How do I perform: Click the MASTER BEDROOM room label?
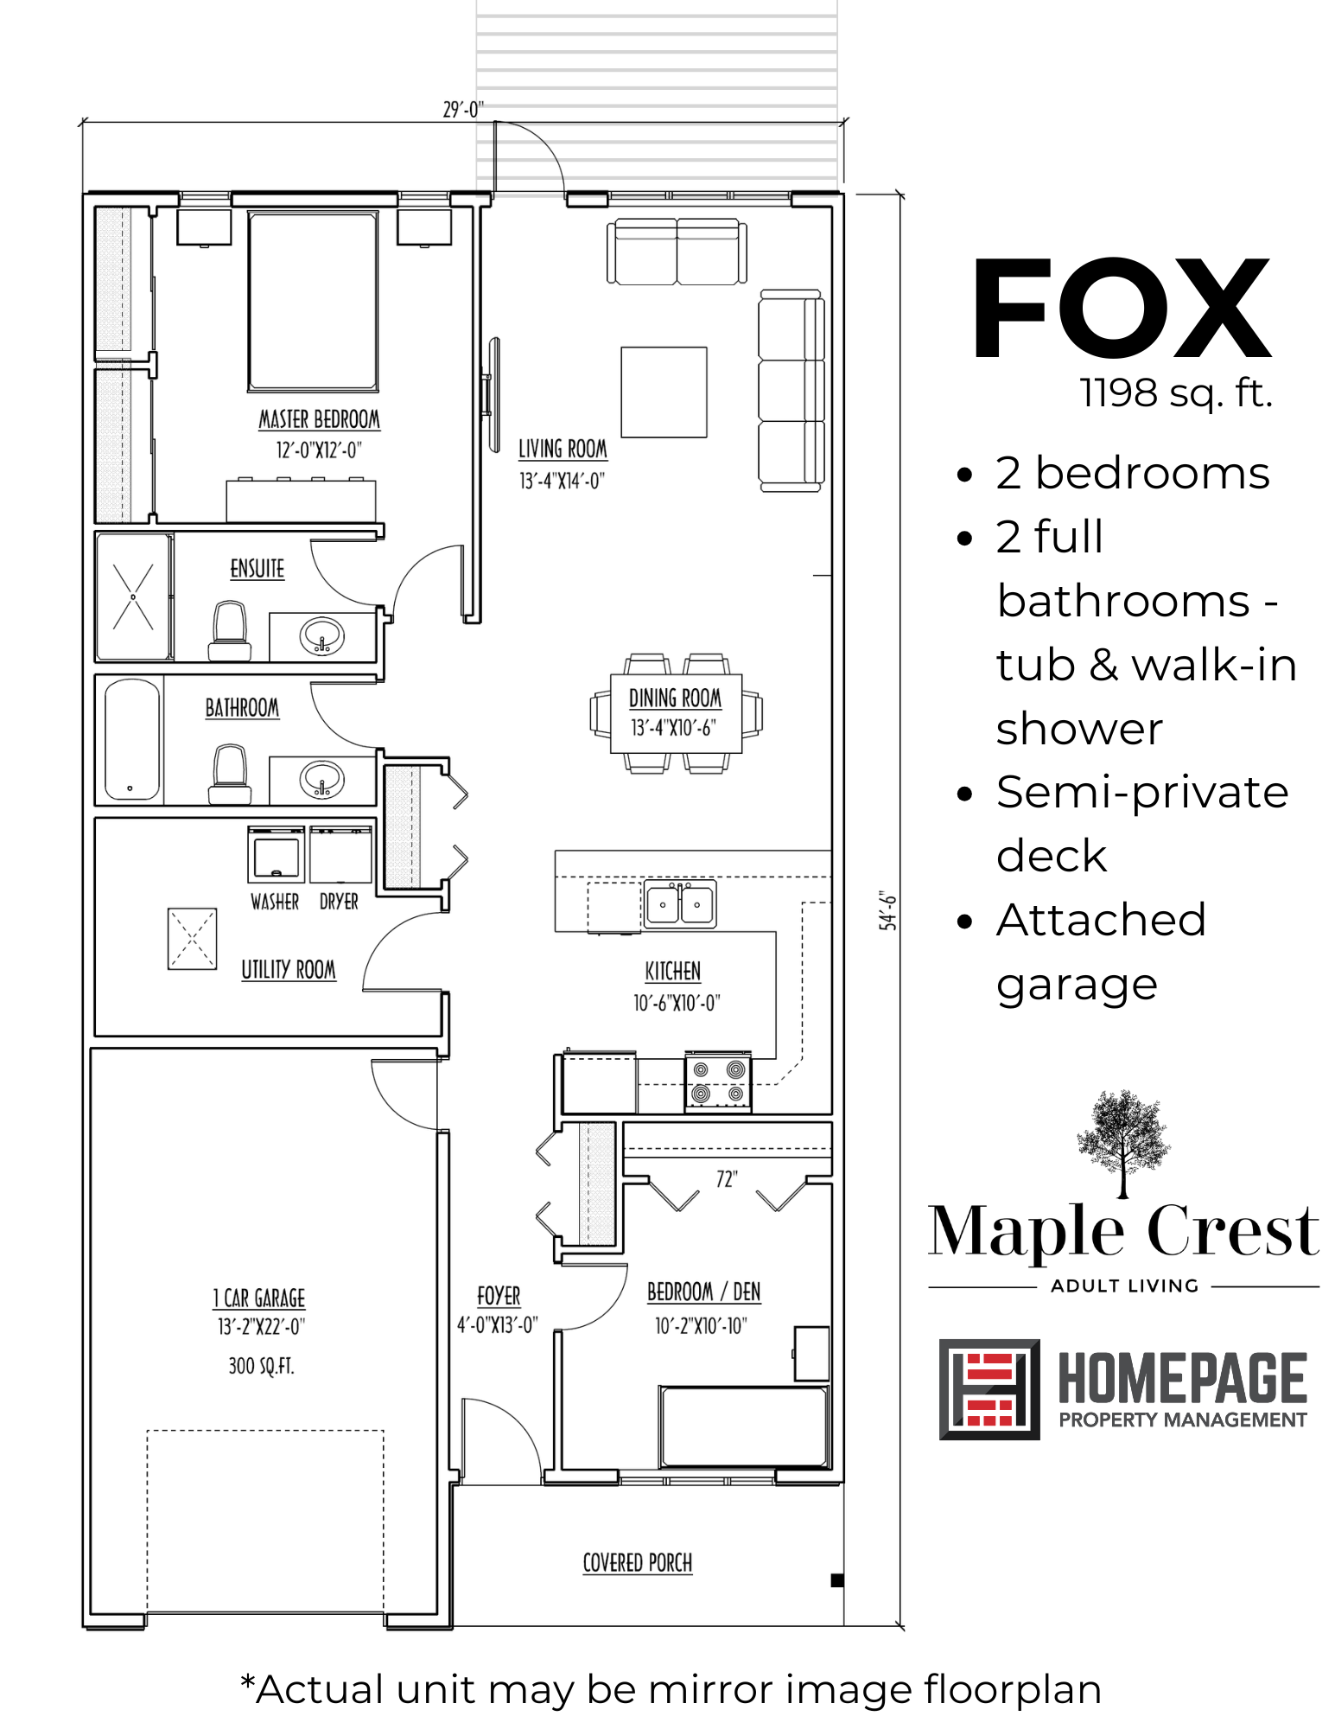[320, 420]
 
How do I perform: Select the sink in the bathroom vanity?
[322, 779]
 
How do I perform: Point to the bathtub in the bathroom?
[132, 740]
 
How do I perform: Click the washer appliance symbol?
[277, 854]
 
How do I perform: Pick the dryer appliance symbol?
[340, 854]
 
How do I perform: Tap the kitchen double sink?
[680, 904]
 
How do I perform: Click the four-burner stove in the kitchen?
[718, 1081]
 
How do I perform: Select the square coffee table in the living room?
[664, 392]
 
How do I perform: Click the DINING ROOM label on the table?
[675, 698]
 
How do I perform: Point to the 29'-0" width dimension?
[463, 110]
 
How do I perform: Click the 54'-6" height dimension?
[887, 910]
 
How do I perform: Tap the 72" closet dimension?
[727, 1179]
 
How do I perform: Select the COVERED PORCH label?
[638, 1563]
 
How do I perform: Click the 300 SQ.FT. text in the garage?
[261, 1366]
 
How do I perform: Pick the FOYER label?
[499, 1296]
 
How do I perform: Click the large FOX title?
[1122, 309]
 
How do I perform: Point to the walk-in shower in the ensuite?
[133, 597]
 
